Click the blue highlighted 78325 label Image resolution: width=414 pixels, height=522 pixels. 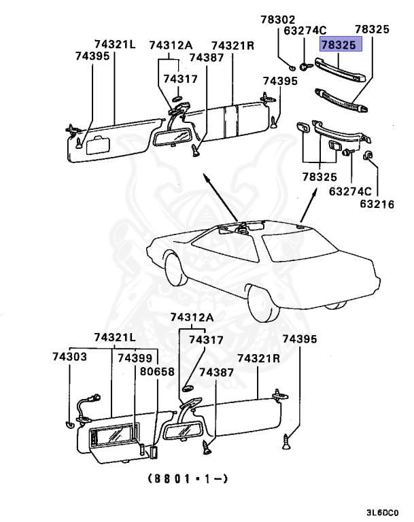click(342, 45)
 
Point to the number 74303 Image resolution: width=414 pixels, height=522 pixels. click(69, 356)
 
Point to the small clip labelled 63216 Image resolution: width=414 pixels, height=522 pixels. click(370, 157)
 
